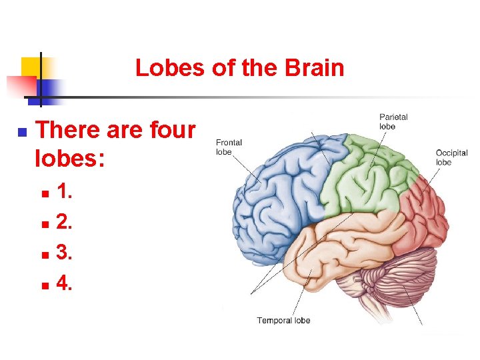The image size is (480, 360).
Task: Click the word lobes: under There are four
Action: click(69, 160)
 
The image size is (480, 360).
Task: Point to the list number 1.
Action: click(65, 193)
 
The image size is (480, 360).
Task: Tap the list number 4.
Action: click(65, 284)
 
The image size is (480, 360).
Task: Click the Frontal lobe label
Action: click(229, 147)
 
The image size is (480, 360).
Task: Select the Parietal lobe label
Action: click(393, 121)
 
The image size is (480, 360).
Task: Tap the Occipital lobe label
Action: click(451, 157)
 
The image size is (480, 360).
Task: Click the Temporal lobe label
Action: click(283, 321)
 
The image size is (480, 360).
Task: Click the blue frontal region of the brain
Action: click(280, 187)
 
